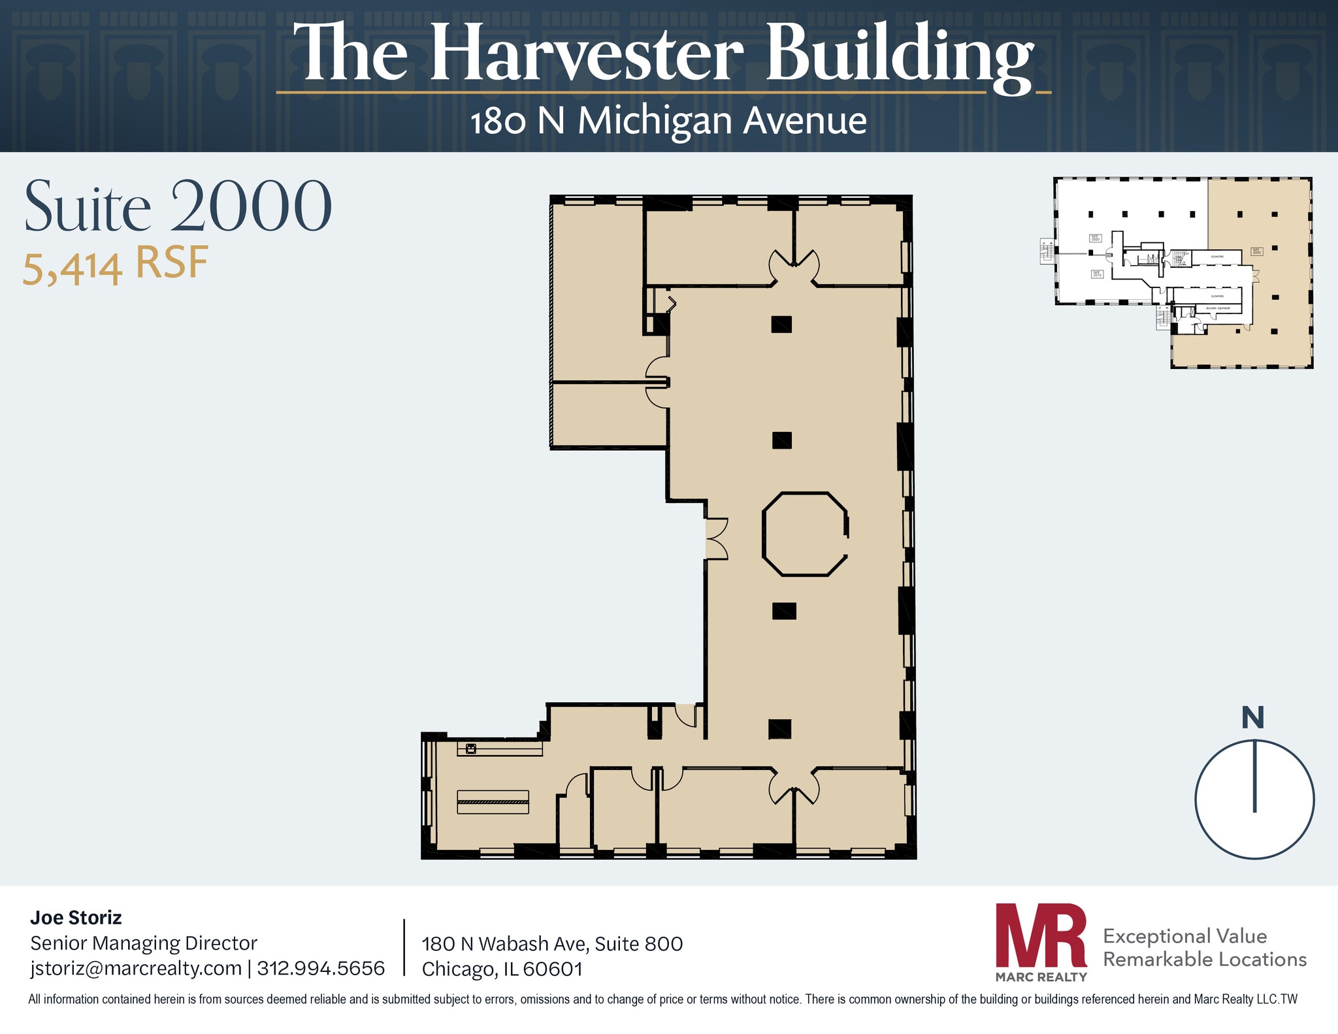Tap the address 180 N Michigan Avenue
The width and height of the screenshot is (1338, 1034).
tap(668, 121)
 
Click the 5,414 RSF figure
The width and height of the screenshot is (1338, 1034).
tap(116, 265)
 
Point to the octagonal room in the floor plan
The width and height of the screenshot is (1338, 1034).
tap(805, 534)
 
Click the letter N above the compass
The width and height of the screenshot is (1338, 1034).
tap(1252, 718)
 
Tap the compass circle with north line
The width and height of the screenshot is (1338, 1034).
tap(1254, 799)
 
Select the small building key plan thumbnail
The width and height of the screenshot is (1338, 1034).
tap(1183, 272)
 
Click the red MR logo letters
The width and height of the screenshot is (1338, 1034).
tap(1040, 935)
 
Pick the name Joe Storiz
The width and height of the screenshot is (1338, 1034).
tap(76, 918)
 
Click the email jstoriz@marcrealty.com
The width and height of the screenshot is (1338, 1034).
tap(136, 968)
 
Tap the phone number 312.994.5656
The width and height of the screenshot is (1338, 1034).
tap(321, 968)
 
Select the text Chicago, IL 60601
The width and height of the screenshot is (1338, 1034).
tap(502, 969)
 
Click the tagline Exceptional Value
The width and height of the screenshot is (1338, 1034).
tap(1184, 936)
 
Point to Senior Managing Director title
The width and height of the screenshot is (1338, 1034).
tap(144, 943)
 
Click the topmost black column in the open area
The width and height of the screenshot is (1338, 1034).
tap(781, 324)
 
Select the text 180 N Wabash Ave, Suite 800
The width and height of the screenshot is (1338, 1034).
tap(552, 944)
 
